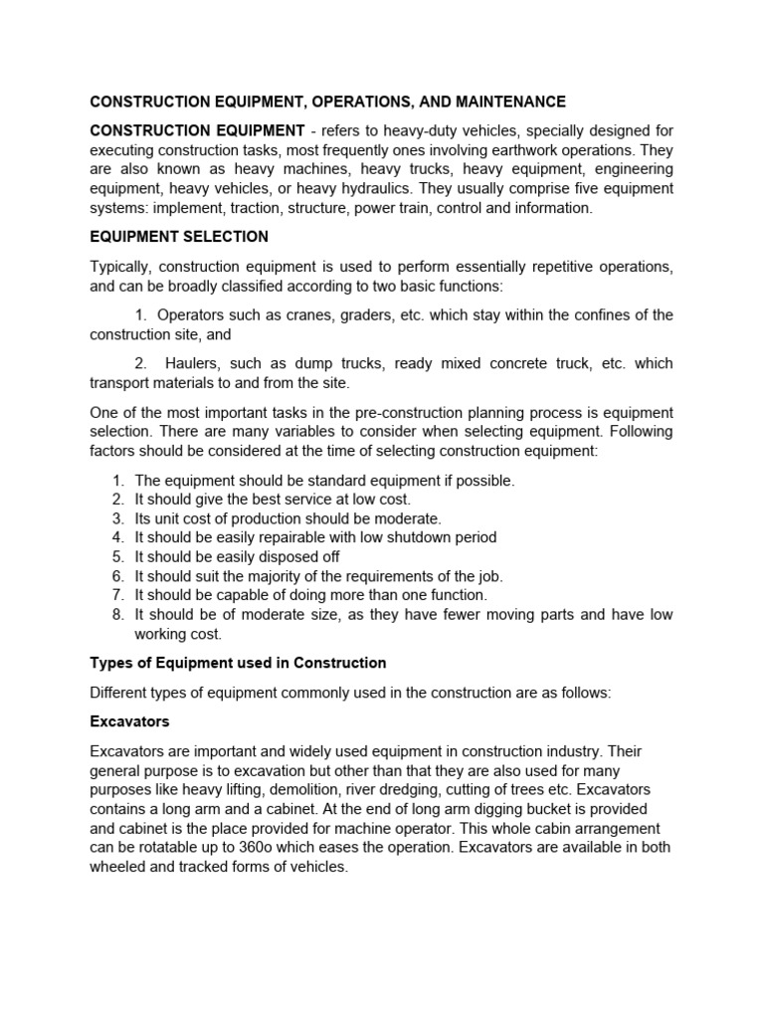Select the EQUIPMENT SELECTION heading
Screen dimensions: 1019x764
pos(179,237)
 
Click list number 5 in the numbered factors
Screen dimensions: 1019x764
pos(117,556)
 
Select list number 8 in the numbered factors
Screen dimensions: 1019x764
pos(117,615)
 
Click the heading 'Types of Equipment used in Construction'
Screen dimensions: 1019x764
pos(238,663)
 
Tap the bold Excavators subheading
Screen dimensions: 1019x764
pos(129,720)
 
